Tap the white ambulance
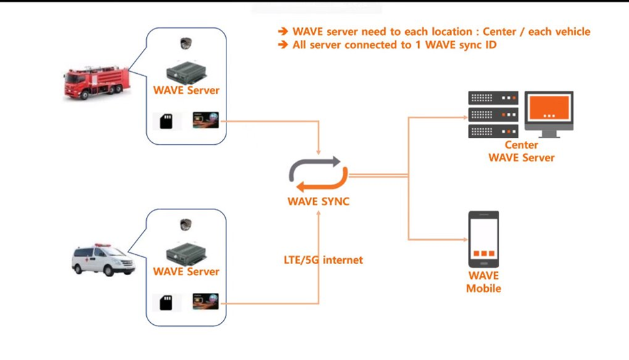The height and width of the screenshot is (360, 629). (x=103, y=260)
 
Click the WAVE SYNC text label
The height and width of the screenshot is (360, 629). (x=318, y=202)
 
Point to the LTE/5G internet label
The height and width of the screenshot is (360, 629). (x=324, y=260)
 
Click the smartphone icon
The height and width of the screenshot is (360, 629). (x=483, y=239)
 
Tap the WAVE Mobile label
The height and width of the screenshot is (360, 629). (x=483, y=282)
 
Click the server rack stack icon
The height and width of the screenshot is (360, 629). (x=493, y=114)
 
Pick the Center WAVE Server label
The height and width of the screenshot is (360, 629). (x=521, y=151)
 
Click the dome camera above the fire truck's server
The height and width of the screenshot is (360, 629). (x=186, y=44)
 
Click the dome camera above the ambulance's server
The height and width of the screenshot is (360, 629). (x=186, y=225)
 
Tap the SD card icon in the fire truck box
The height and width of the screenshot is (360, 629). (x=166, y=121)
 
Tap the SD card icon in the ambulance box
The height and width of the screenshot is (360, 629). (x=166, y=302)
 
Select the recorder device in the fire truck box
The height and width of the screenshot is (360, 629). (x=187, y=70)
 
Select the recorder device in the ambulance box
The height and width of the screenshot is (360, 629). (x=187, y=252)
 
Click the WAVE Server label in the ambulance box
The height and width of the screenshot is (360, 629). (x=187, y=271)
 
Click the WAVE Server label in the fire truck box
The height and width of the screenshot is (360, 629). (x=187, y=91)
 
